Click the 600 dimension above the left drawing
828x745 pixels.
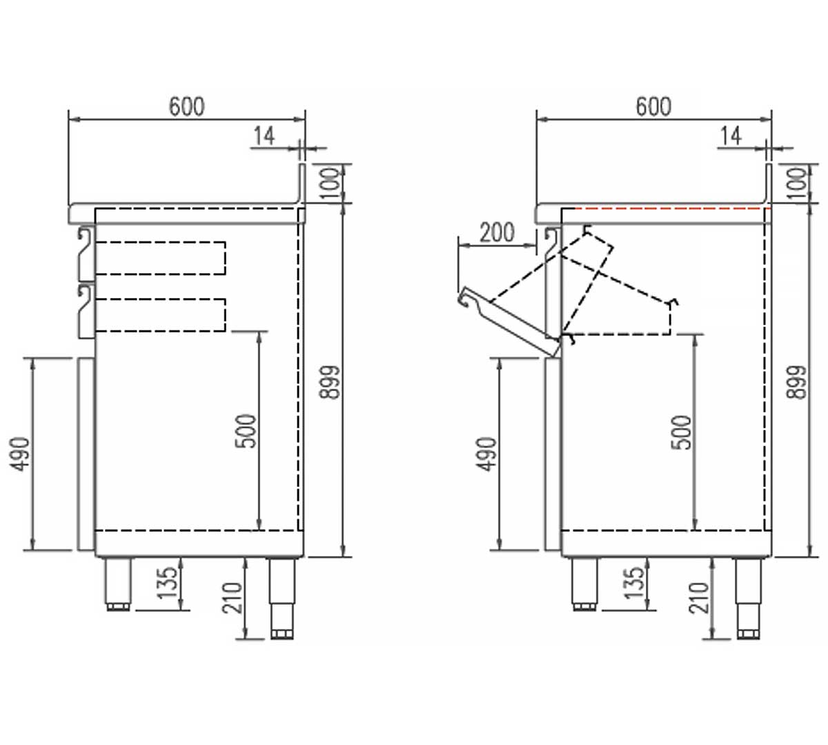pos(186,107)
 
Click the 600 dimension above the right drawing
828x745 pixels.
pos(653,107)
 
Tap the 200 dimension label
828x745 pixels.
pos(497,232)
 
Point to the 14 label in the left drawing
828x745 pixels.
pos(263,136)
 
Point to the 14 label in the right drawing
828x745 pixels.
pos(730,136)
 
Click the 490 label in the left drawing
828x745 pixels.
pos(23,453)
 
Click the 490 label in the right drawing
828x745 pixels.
pos(489,453)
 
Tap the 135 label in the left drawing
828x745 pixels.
pos(168,582)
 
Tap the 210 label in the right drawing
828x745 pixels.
pos(700,597)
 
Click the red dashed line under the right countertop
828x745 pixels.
pos(666,208)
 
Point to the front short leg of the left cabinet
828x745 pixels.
pos(118,584)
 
